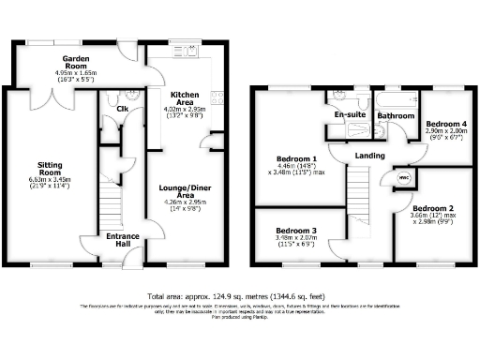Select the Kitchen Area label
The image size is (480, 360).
183,97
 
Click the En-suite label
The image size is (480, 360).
350,115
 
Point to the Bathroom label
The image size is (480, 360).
396,116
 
